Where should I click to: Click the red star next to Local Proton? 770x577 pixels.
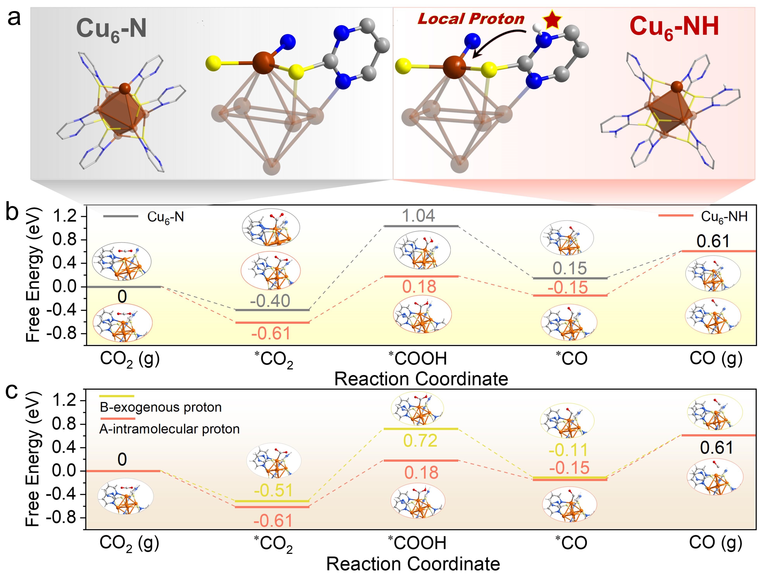point(552,20)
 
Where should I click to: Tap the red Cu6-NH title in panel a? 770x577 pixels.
point(674,27)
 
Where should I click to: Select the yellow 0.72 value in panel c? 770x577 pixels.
point(420,441)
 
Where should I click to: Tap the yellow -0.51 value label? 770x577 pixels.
point(273,490)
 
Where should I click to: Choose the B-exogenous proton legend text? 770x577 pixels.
point(160,407)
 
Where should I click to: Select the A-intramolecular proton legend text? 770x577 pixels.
point(170,429)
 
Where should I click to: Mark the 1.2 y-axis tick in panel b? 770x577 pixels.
point(64,216)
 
